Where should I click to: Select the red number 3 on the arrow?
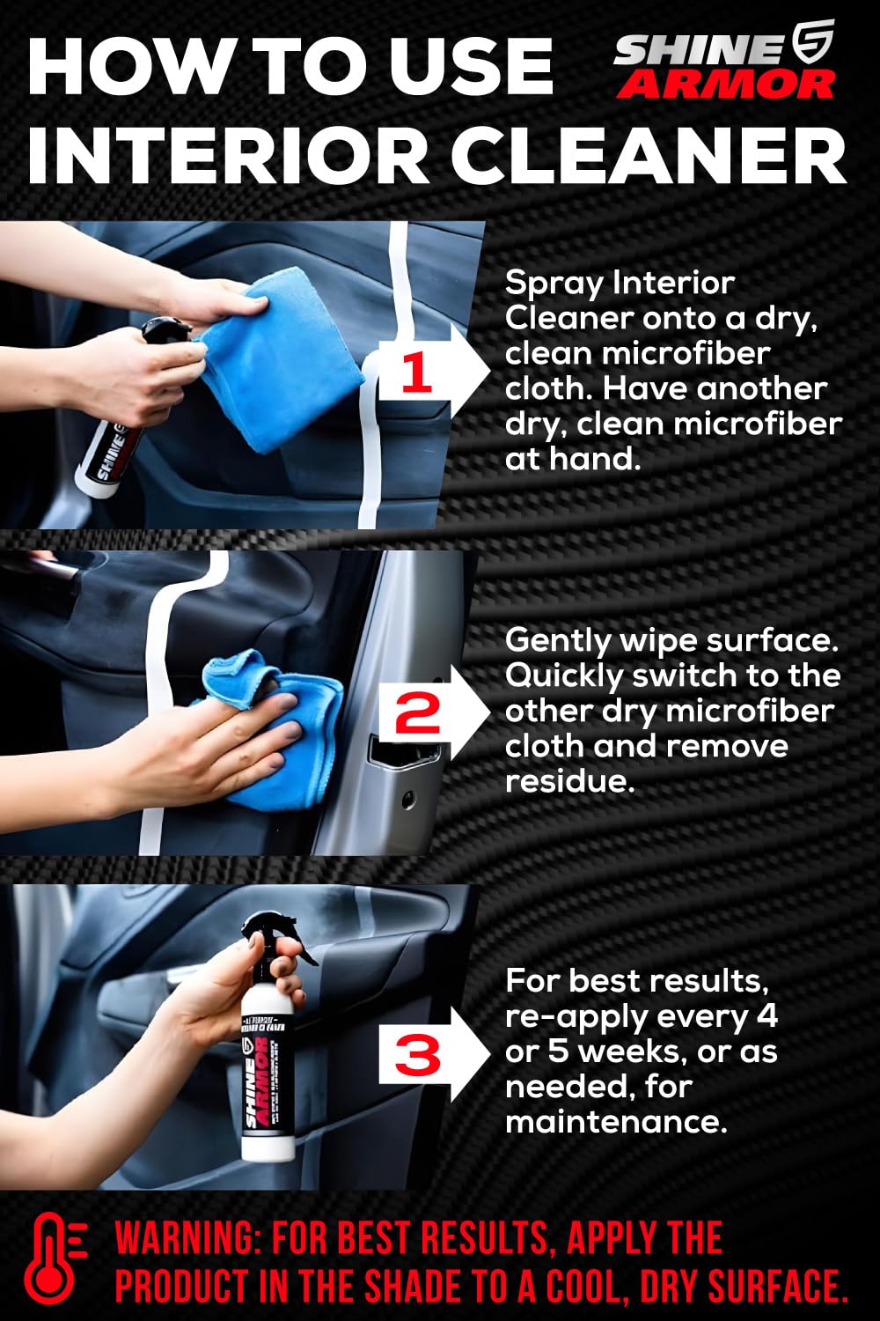pyautogui.click(x=417, y=1054)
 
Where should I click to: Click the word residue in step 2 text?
pyautogui.click(x=569, y=781)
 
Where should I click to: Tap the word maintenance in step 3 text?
pyautogui.click(x=616, y=1122)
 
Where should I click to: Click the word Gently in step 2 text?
pyautogui.click(x=557, y=640)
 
